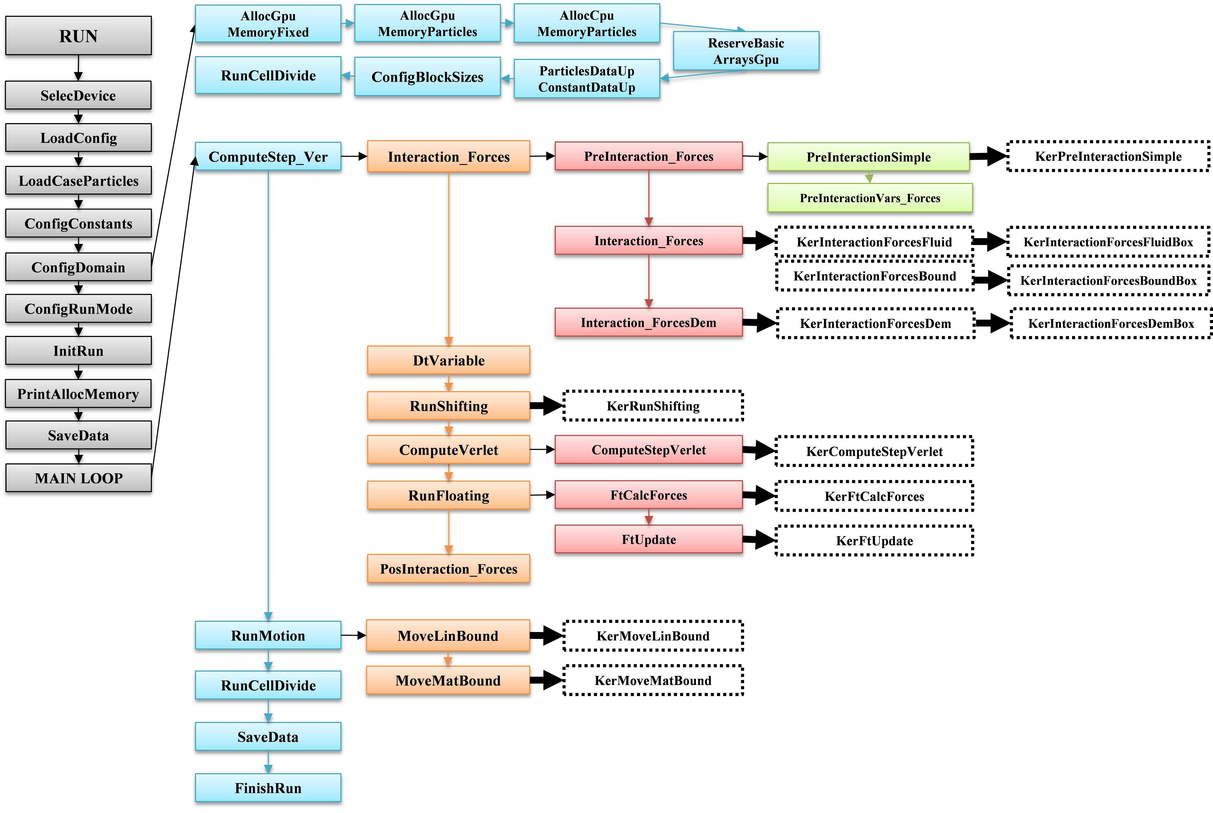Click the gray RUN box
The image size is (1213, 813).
(x=78, y=36)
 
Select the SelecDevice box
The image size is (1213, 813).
(x=78, y=96)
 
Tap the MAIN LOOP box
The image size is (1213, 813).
(x=78, y=478)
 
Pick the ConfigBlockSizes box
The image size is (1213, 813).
(x=427, y=77)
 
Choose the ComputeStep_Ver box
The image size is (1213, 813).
(x=268, y=157)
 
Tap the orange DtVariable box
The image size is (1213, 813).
(x=448, y=360)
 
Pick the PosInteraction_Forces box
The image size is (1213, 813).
(x=448, y=569)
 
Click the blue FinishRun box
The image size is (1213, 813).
(x=268, y=788)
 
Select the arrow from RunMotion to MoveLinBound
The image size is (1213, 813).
(x=353, y=635)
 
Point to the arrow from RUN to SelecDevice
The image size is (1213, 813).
(x=78, y=67)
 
